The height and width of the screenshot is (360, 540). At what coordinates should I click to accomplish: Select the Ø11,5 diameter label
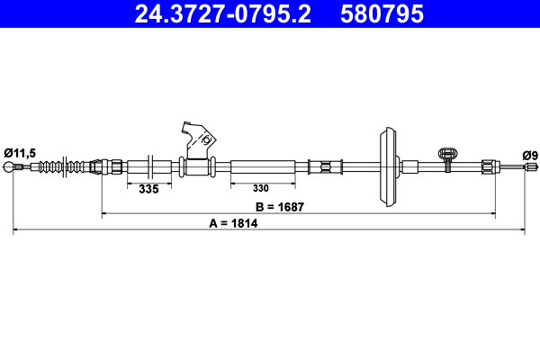19,154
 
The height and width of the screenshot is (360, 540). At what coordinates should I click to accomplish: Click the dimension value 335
148,189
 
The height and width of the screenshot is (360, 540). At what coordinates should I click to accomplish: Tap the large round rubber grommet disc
388,167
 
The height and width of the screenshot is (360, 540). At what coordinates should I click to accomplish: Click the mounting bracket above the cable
197,140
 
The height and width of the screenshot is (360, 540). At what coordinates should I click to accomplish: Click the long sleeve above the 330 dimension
263,167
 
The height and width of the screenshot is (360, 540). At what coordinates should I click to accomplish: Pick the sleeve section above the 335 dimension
141,167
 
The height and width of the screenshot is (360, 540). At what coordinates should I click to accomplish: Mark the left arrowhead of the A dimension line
16,231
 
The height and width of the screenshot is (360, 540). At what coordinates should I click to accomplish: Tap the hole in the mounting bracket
206,140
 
